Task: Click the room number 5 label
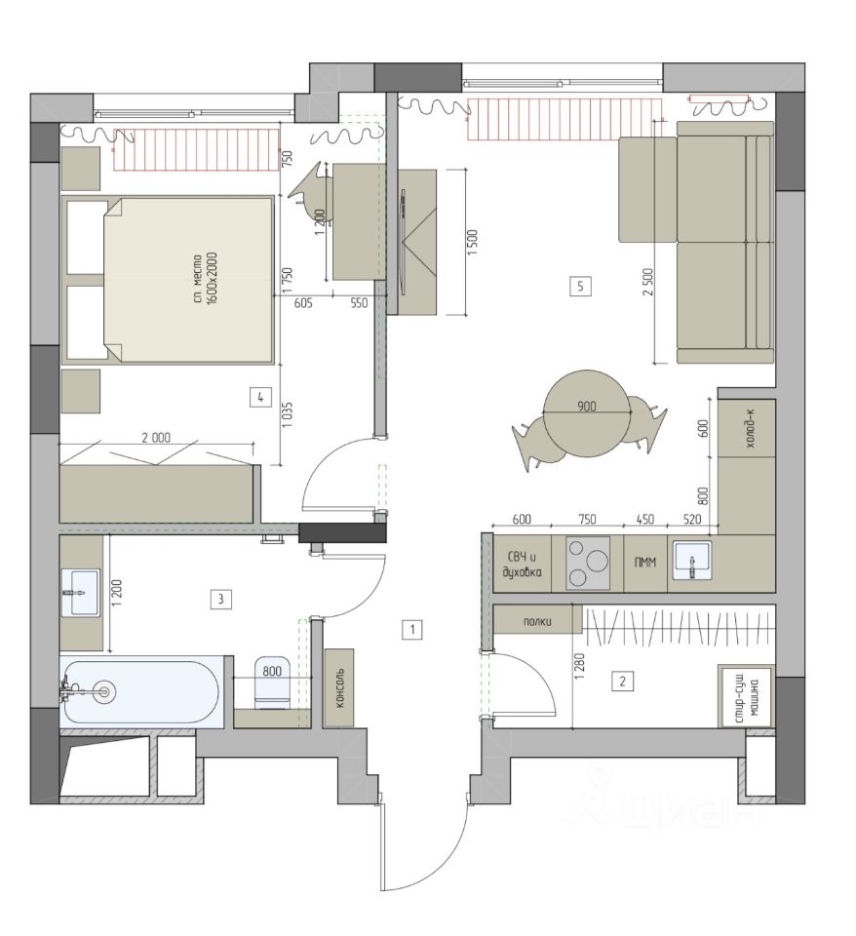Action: point(580,287)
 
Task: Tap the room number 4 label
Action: point(260,397)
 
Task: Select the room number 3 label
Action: point(221,598)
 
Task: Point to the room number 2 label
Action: point(623,681)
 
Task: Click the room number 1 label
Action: point(411,629)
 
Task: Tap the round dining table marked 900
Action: point(587,412)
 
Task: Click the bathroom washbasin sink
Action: point(80,592)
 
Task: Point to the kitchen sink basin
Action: point(692,561)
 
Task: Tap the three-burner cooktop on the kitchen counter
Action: point(588,563)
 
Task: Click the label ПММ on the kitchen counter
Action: point(645,563)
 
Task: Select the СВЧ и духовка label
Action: point(522,565)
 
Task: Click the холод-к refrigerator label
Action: point(747,429)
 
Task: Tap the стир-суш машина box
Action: point(746,696)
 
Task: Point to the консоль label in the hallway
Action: point(339,687)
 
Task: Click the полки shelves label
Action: point(537,621)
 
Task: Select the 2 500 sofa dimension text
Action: point(649,282)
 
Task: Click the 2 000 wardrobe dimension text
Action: point(156,438)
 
